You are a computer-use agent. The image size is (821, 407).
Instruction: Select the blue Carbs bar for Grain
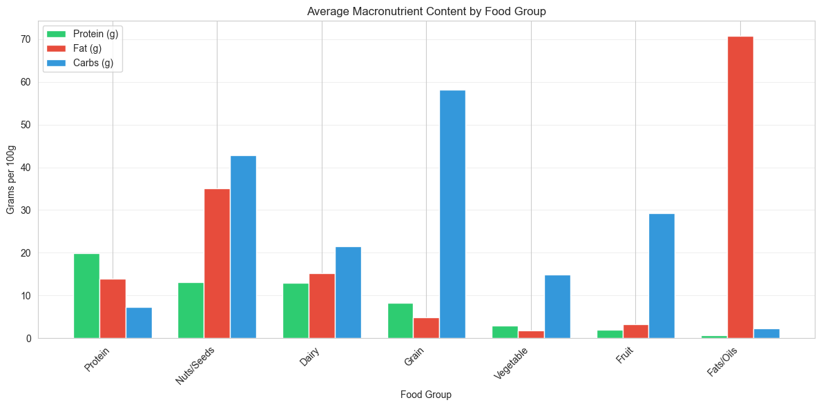click(x=452, y=214)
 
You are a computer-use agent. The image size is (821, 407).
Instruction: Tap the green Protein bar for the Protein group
click(x=86, y=296)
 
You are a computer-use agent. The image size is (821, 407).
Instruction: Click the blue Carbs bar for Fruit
click(x=661, y=276)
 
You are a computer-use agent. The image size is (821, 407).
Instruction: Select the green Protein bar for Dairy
click(x=296, y=310)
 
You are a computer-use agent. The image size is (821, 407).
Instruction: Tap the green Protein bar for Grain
click(x=400, y=321)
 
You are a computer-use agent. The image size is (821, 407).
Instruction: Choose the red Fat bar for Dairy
click(x=322, y=306)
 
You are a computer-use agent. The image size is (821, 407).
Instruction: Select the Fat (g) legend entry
click(x=83, y=48)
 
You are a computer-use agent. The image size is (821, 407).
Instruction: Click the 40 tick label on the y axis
click(x=25, y=168)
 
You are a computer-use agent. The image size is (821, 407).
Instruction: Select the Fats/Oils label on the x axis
click(x=722, y=362)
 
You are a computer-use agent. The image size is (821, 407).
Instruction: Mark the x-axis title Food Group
click(x=426, y=395)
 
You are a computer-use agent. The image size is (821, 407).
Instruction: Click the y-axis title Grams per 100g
click(x=10, y=179)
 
